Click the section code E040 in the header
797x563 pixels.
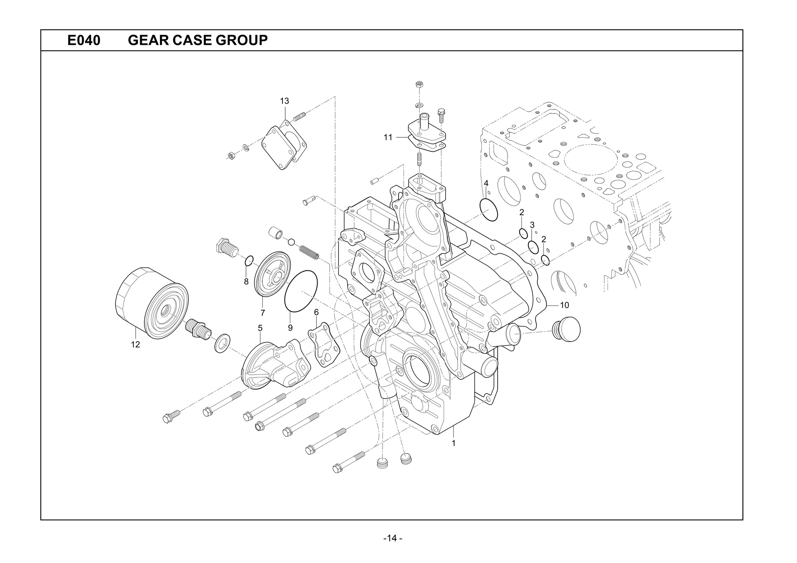[84, 40]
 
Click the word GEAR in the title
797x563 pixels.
[148, 40]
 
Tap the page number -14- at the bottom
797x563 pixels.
[393, 538]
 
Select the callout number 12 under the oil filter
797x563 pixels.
[135, 344]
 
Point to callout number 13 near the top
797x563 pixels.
[284, 101]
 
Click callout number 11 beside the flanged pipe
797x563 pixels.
[388, 137]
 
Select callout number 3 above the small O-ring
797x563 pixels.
[532, 225]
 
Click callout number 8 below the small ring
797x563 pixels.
[246, 282]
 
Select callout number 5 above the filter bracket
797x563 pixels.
[260, 328]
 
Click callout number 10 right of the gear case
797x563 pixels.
[564, 305]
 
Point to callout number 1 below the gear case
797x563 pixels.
[453, 443]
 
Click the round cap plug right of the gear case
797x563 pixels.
[567, 329]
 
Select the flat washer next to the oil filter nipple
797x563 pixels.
[222, 343]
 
